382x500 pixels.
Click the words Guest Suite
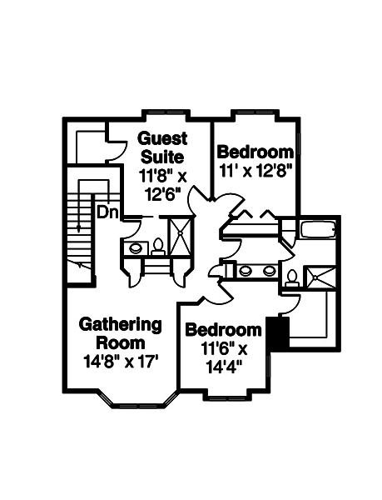point(162,147)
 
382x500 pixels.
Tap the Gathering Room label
point(120,332)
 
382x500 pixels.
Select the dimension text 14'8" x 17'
point(120,362)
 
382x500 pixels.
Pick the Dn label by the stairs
point(107,212)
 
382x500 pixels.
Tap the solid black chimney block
point(275,332)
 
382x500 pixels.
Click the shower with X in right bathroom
point(320,277)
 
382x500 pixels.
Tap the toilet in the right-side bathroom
point(292,278)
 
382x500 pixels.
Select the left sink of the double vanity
point(246,270)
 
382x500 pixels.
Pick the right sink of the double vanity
point(269,270)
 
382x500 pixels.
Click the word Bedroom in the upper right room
point(255,152)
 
